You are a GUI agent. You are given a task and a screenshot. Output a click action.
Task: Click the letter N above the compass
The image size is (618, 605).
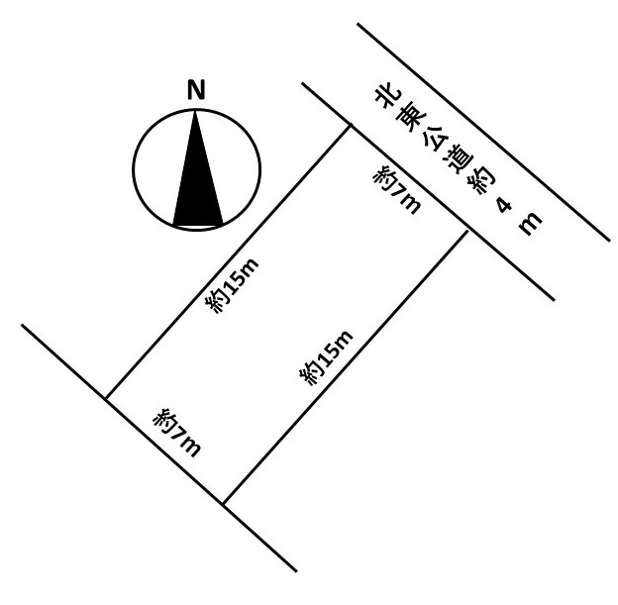tap(196, 91)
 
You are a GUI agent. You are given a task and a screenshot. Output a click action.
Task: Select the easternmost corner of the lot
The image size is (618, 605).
tap(465, 231)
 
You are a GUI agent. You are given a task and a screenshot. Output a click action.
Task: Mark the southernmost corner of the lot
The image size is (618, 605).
tap(224, 504)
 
